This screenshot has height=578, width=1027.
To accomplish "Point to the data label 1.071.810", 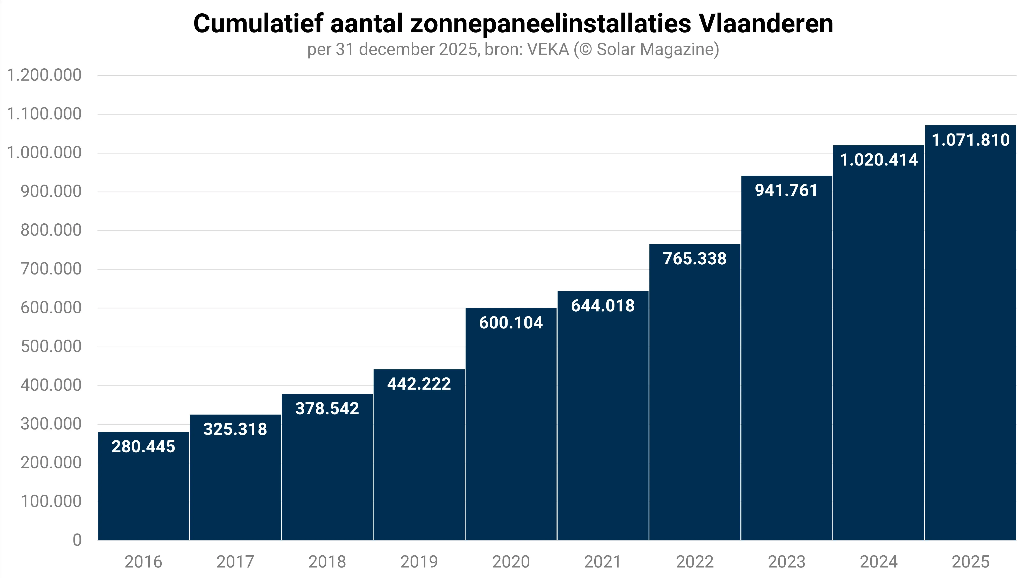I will tap(970, 140).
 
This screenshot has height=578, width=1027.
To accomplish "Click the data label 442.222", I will tap(419, 384).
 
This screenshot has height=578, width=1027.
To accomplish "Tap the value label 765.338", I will tap(694, 258).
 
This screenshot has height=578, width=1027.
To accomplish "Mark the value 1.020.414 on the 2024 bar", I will tap(879, 160).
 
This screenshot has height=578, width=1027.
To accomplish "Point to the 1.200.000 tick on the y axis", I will tap(44, 75).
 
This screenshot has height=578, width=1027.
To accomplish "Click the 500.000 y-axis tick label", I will tap(51, 346).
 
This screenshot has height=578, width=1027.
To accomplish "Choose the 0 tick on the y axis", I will tap(77, 540).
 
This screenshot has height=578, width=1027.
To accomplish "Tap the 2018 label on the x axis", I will tap(327, 562).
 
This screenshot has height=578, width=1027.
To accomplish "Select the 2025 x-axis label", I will tap(970, 562).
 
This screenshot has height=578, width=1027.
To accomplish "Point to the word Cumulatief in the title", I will tap(258, 24).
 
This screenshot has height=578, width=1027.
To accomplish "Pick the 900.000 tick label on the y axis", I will tap(51, 191).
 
